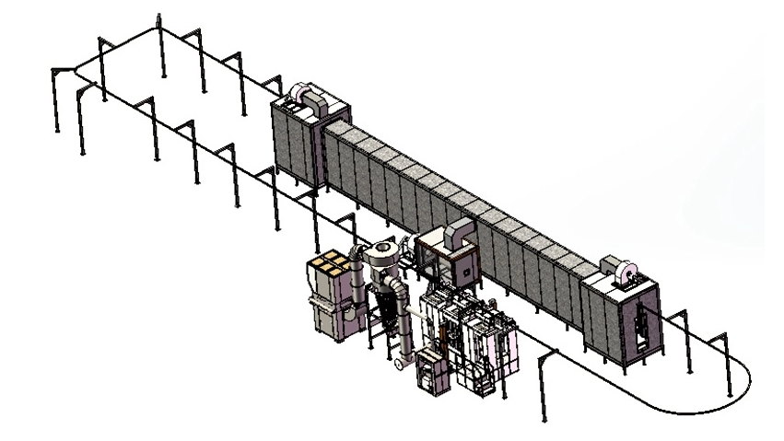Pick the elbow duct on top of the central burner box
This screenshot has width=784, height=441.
click(x=458, y=238)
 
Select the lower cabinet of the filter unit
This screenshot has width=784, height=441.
click(x=331, y=319)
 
